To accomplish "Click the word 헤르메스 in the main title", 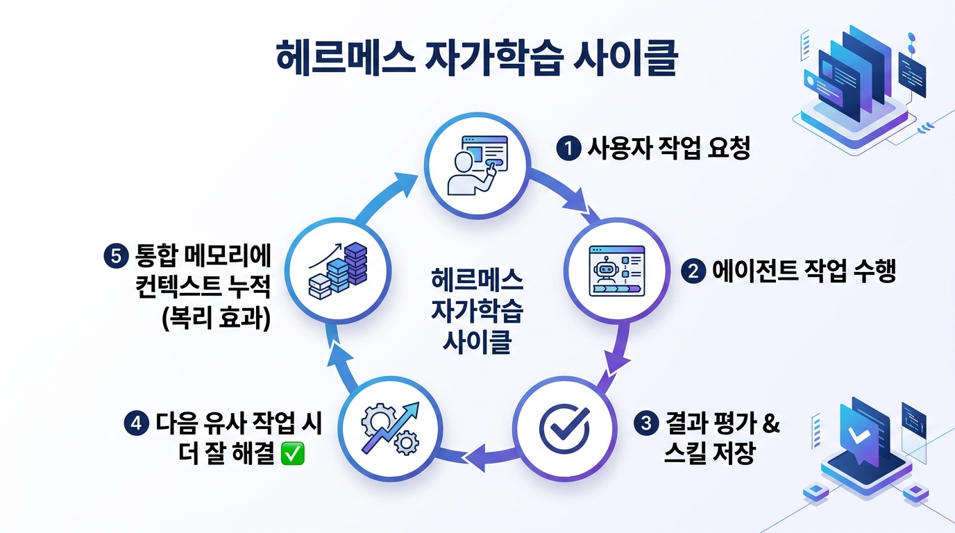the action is pos(346,58).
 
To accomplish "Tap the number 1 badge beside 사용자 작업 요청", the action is pos(568,149).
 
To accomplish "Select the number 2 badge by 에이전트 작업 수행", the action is pos(693,271).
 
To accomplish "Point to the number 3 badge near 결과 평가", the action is pos(646,423).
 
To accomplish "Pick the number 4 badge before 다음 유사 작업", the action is pos(136,423).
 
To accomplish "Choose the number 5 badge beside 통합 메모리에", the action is pos(116,256).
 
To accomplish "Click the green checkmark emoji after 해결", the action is pos(293,452).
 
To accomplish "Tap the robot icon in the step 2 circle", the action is pos(605,271).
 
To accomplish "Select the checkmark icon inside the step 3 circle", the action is pos(564,428).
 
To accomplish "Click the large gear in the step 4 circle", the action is pos(378,421).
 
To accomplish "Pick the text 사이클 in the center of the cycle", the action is pos(477,341).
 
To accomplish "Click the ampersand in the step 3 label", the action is pos(769,423).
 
